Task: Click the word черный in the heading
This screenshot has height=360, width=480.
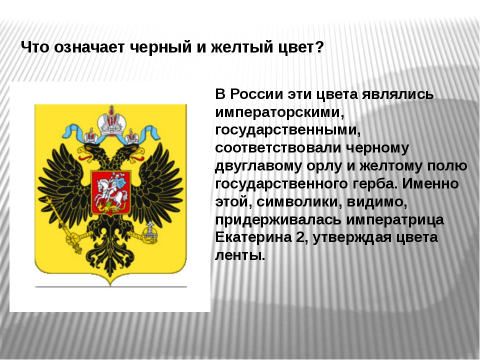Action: [x=160, y=47]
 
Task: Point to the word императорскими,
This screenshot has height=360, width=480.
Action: [x=280, y=112]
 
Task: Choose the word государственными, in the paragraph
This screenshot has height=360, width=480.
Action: [x=288, y=130]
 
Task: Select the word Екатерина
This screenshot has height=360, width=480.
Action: [x=253, y=237]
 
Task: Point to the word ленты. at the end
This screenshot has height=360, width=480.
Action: [x=240, y=255]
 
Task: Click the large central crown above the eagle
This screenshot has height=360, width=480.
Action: [x=111, y=120]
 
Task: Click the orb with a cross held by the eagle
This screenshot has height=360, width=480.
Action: [x=150, y=233]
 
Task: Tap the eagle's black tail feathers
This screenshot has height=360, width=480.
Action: [x=110, y=260]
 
